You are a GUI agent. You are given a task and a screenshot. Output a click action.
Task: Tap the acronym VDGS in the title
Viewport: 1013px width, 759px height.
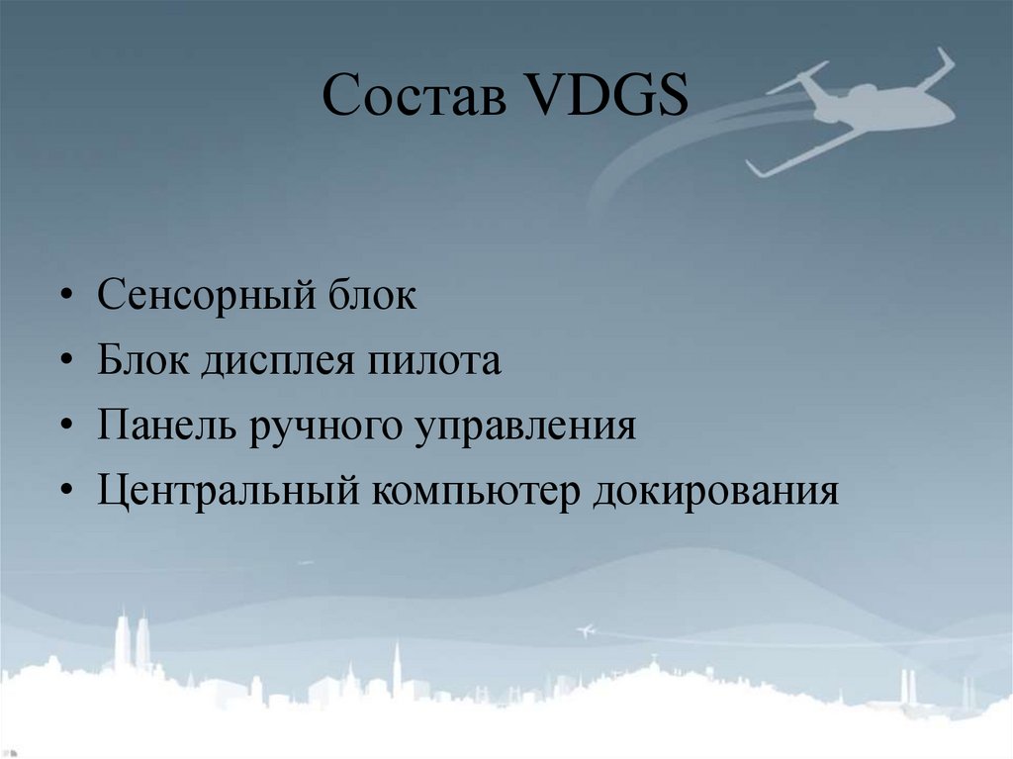pos(601,99)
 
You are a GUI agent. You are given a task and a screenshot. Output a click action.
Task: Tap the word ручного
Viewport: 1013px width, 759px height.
pos(331,427)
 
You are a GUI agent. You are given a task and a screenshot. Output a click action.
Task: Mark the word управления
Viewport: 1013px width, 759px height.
pos(529,427)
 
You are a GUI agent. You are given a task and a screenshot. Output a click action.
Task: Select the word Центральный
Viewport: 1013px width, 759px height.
pos(227,492)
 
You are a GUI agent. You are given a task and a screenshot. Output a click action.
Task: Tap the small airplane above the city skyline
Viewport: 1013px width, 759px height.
pos(585,629)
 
